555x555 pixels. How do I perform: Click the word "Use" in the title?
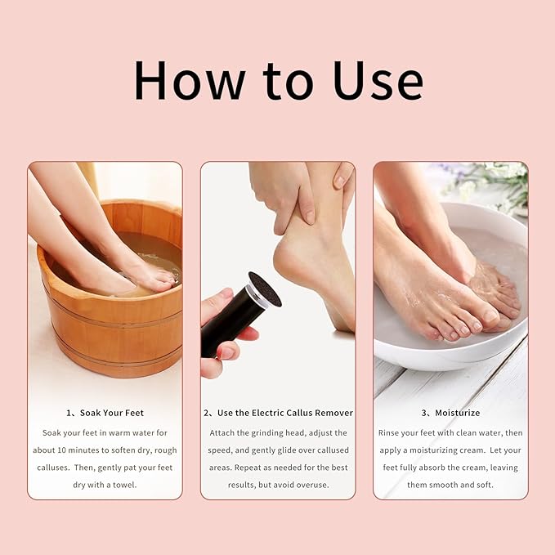(x=378, y=81)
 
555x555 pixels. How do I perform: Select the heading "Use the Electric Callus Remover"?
(x=282, y=414)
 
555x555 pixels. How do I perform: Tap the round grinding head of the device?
(x=265, y=289)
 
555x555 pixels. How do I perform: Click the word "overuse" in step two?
(x=311, y=486)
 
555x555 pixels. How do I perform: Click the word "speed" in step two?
(x=224, y=450)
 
